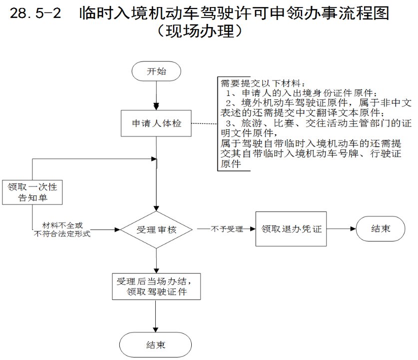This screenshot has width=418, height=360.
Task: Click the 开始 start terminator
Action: pyautogui.click(x=156, y=71)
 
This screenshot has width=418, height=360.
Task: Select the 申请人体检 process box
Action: pyautogui.click(x=157, y=123)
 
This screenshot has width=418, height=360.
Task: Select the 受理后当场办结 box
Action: pyautogui.click(x=157, y=285)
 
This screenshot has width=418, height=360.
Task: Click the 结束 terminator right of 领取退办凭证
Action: pyautogui.click(x=381, y=229)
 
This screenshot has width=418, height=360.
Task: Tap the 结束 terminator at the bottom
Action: pyautogui.click(x=156, y=345)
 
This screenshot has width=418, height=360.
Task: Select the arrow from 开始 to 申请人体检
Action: pyautogui.click(x=157, y=95)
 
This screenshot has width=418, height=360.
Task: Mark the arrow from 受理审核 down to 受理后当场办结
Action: pyautogui.click(x=157, y=260)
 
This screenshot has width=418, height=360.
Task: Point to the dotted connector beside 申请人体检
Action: pyautogui.click(x=205, y=123)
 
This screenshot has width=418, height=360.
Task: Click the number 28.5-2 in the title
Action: pyautogui.click(x=36, y=13)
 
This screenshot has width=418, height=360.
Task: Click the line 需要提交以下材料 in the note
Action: pyautogui.click(x=263, y=83)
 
